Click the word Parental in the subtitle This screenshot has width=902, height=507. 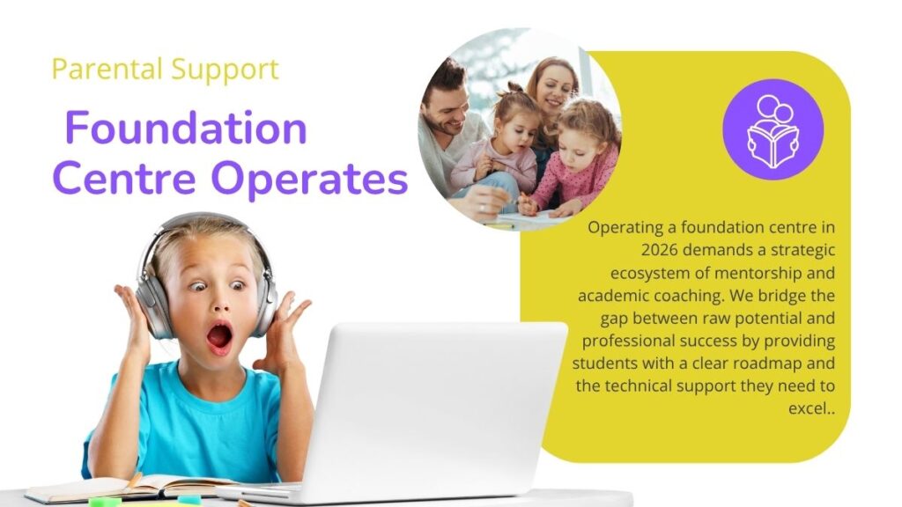[x=107, y=69]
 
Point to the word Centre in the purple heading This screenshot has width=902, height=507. [x=124, y=178]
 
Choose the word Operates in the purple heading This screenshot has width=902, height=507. [x=310, y=180]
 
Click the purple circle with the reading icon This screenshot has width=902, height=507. [x=773, y=129]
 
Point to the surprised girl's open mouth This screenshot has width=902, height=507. [x=219, y=337]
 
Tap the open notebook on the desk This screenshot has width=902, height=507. [x=127, y=488]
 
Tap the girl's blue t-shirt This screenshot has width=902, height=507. [x=185, y=420]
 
